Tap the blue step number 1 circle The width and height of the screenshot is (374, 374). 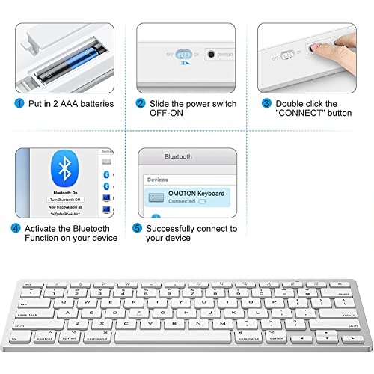click(x=18, y=104)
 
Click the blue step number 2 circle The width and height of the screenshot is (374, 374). click(x=140, y=104)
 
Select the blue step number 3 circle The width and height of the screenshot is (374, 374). click(x=266, y=104)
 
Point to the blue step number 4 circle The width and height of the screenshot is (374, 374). click(x=17, y=228)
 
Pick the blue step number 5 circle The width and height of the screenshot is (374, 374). click(x=137, y=228)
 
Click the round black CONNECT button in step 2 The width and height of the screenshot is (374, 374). click(x=211, y=55)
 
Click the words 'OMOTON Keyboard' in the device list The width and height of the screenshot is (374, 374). click(x=197, y=194)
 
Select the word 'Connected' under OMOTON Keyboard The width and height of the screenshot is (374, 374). click(x=181, y=202)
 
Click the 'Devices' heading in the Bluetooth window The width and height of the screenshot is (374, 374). click(x=158, y=180)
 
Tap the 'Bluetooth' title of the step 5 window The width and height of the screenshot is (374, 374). click(x=178, y=157)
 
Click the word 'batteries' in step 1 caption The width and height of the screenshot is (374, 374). click(x=95, y=104)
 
